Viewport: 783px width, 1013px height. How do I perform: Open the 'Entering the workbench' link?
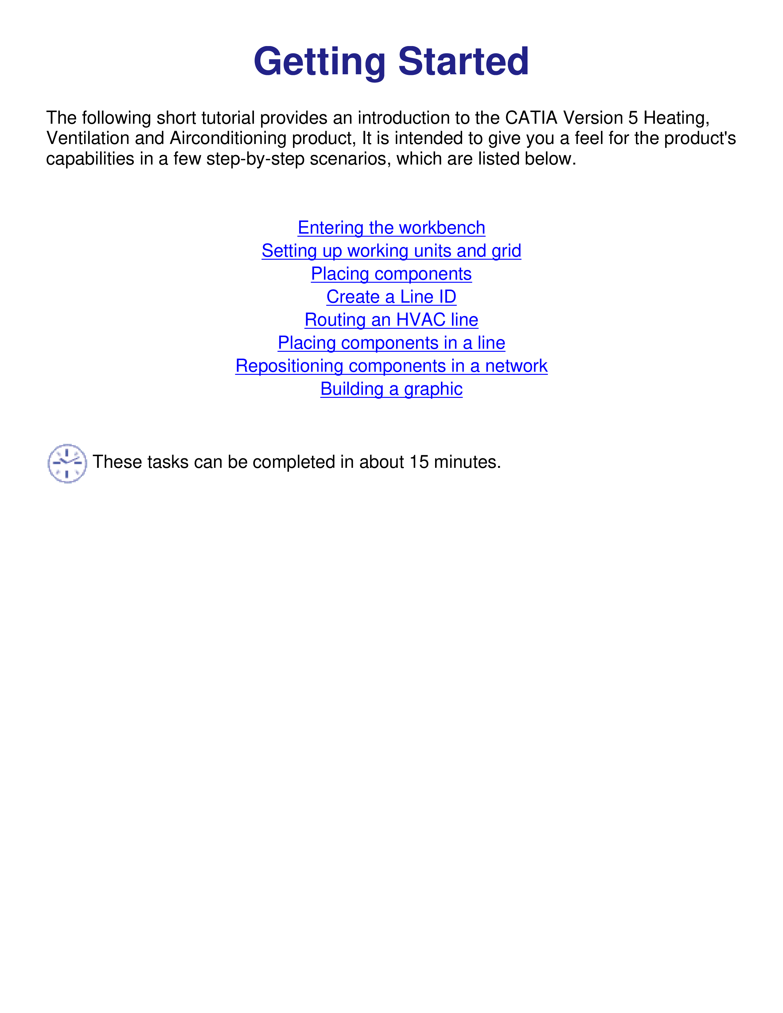coord(391,228)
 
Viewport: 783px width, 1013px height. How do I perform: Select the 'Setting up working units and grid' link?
coord(391,251)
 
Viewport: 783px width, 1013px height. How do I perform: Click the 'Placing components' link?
coord(391,274)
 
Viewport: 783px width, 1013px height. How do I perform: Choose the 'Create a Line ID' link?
coord(391,297)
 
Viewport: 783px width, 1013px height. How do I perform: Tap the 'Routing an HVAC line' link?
coord(391,320)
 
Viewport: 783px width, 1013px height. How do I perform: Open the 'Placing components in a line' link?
coord(391,343)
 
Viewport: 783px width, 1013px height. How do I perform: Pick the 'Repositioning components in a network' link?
coord(391,366)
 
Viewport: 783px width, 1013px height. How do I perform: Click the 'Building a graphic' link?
coord(391,389)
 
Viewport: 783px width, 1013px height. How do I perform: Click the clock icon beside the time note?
coord(67,463)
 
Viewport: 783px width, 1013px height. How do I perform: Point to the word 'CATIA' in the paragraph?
coord(531,118)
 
